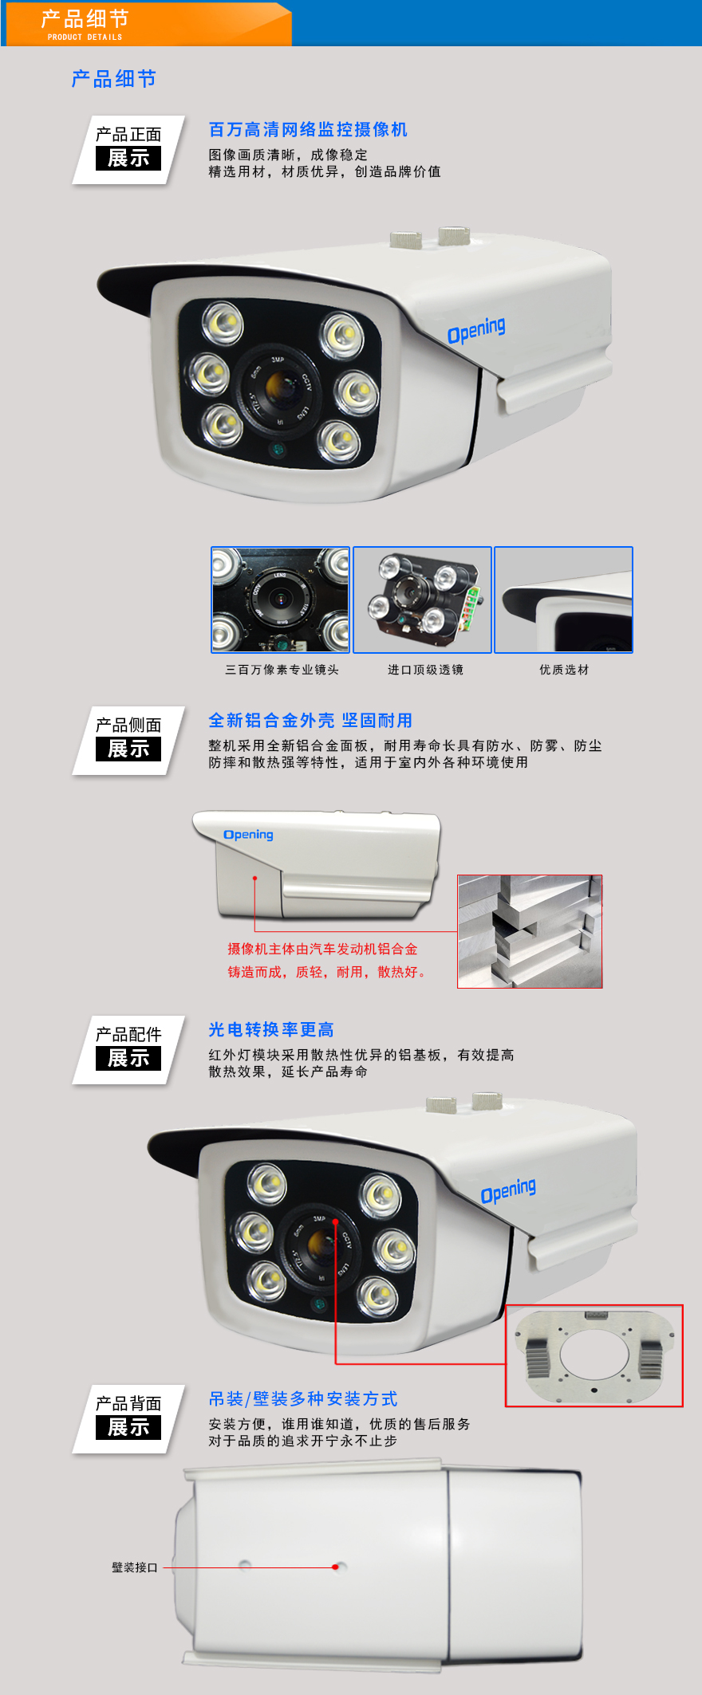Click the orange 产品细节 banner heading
(x=85, y=18)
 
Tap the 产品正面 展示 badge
(x=128, y=150)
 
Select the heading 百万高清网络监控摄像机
(x=308, y=130)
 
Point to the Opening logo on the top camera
(x=476, y=329)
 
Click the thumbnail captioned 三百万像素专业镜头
(x=280, y=600)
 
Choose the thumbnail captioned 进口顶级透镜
(x=422, y=600)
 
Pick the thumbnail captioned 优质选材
(x=563, y=600)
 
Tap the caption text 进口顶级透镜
(x=425, y=670)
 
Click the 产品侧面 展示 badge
(x=128, y=741)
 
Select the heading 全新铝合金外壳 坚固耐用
(x=310, y=721)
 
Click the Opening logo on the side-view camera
(x=248, y=835)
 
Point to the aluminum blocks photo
(x=530, y=931)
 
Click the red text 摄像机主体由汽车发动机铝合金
(x=322, y=949)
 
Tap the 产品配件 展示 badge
(x=128, y=1050)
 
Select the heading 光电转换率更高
(x=271, y=1030)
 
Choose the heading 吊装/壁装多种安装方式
(x=303, y=1399)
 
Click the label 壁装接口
(x=135, y=1567)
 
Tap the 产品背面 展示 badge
(x=128, y=1419)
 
